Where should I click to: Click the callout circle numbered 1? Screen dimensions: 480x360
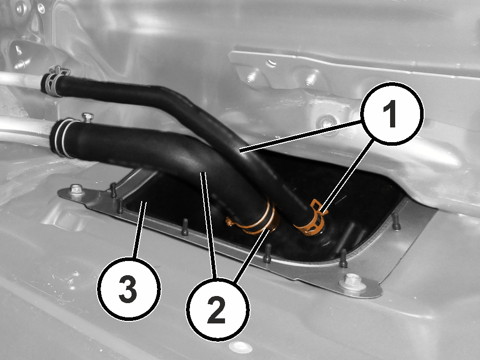coord(392,113)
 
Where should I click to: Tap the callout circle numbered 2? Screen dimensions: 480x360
coord(218,309)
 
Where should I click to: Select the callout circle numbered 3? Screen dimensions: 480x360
coord(129,289)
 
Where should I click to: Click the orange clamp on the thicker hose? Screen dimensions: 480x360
coord(257,221)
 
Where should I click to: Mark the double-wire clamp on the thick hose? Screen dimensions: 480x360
coord(63,137)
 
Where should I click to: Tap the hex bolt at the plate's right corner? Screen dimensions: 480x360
coord(353,282)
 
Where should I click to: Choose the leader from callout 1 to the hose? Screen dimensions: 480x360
coord(301,136)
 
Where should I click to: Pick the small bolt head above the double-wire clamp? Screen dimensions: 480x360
coord(87,117)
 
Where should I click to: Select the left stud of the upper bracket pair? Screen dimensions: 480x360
coord(251,78)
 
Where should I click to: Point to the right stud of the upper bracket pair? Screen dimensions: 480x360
coord(310,80)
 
